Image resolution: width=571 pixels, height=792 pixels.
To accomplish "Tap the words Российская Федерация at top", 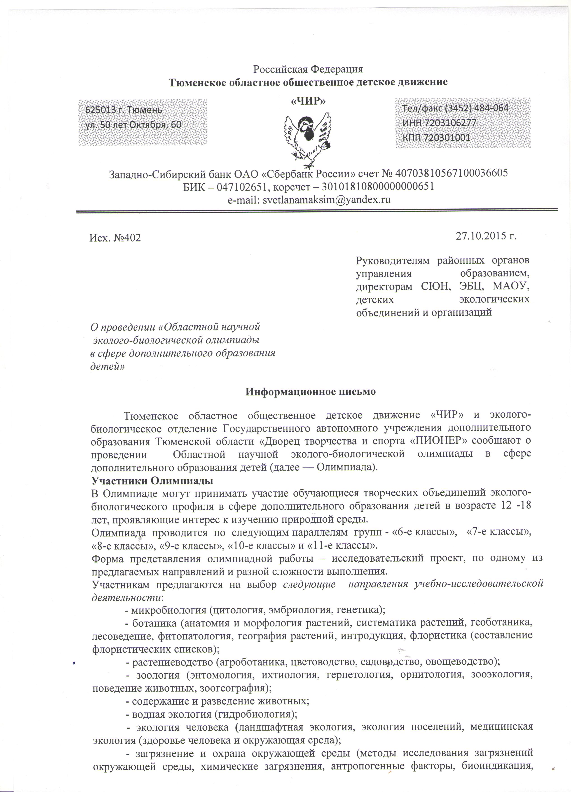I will pyautogui.click(x=308, y=69).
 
